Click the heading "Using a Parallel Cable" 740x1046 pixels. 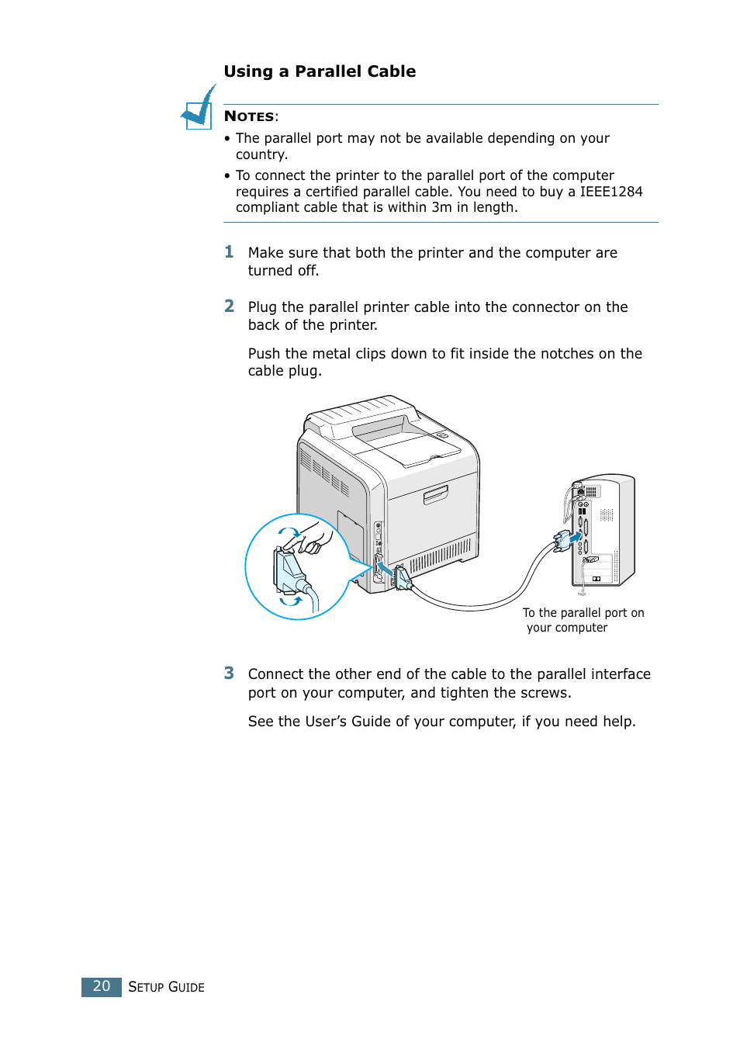click(320, 71)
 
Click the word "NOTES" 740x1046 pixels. click(249, 116)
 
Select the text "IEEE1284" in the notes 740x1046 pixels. click(610, 192)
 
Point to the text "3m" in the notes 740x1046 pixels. click(441, 207)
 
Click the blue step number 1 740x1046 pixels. click(229, 252)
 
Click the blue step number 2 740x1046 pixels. click(229, 307)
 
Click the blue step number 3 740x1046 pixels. click(229, 674)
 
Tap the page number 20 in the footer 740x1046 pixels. click(102, 986)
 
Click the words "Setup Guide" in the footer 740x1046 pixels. click(166, 987)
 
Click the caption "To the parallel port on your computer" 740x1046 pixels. click(583, 620)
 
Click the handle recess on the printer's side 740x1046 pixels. click(435, 494)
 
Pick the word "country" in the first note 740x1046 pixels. click(260, 154)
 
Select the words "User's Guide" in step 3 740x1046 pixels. click(348, 722)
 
